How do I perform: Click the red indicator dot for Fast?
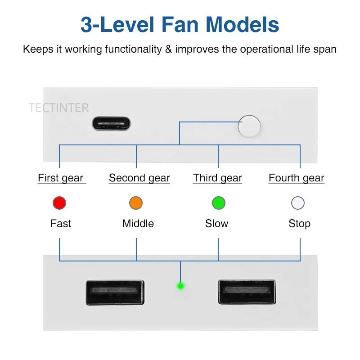[59, 203]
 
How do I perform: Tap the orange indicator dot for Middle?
[136, 203]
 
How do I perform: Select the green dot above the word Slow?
[218, 203]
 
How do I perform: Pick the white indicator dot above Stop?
[298, 203]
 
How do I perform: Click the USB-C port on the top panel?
[111, 123]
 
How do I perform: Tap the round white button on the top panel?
[249, 126]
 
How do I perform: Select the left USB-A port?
[115, 292]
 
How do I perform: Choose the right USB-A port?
[247, 292]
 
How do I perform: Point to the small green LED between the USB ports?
[180, 286]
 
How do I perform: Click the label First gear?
[61, 178]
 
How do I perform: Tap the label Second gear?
[139, 178]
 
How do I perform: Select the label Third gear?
[218, 178]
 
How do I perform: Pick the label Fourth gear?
[297, 178]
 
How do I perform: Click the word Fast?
[61, 224]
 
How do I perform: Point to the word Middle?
[138, 224]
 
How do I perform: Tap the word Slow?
[217, 224]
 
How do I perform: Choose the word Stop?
[300, 224]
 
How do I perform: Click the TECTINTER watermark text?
[59, 108]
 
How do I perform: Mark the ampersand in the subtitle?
[168, 49]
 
